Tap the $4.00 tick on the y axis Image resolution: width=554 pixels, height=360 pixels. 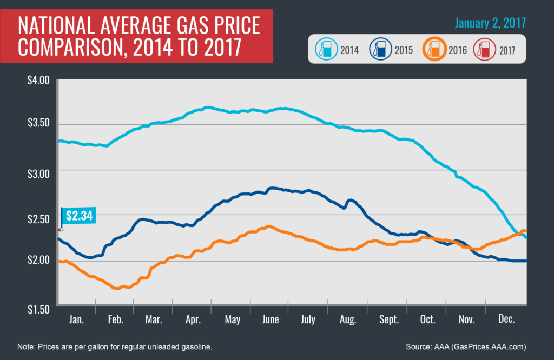(38, 81)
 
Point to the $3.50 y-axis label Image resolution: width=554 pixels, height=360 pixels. (38, 124)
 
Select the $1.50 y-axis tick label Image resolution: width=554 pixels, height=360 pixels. (38, 309)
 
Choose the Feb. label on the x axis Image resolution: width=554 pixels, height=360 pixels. (115, 319)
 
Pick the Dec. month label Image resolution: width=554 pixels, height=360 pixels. (506, 319)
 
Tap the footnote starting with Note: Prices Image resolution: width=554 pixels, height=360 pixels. (122, 346)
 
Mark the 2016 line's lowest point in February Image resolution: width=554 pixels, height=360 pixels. (116, 288)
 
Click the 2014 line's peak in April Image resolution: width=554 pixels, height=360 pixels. (207, 107)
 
